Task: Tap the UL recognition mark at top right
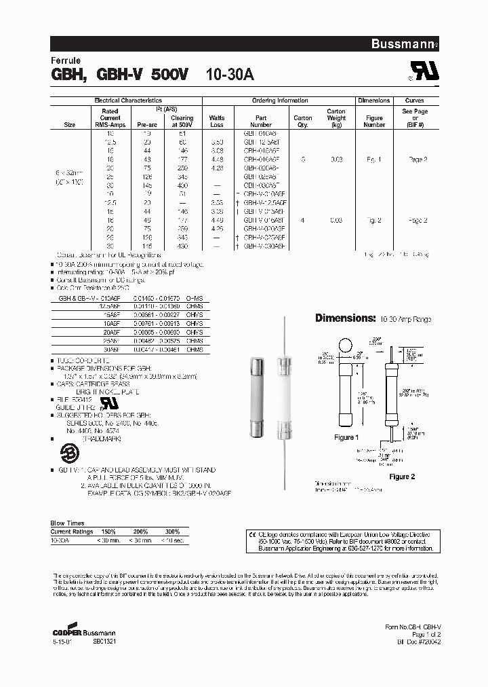421,73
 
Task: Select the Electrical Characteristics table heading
125,100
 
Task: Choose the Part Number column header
260,121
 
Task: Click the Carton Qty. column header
302,121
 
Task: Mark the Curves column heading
413,100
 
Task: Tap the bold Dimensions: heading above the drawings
346,318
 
